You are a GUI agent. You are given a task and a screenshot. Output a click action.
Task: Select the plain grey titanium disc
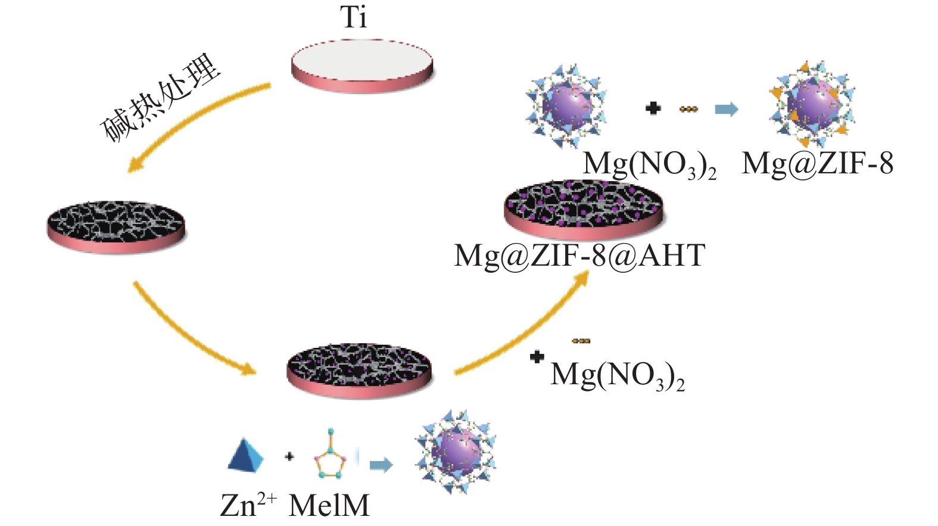[x=362, y=66]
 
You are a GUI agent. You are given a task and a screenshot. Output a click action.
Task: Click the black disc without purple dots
[x=116, y=226]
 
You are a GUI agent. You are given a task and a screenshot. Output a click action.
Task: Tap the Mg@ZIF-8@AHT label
[x=579, y=256]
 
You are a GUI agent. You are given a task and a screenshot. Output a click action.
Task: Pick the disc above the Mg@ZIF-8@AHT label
[x=583, y=210]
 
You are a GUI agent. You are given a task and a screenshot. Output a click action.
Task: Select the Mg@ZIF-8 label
[x=817, y=163]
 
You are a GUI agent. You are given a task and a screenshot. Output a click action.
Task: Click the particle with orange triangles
[x=812, y=105]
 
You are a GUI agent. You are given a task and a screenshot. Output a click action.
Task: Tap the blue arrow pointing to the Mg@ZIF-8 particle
[x=726, y=109]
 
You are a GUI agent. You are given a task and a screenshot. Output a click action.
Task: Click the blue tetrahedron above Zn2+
[x=245, y=455]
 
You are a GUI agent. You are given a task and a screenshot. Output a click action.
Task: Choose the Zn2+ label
[x=248, y=505]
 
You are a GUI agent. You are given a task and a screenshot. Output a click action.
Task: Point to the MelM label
[x=329, y=506]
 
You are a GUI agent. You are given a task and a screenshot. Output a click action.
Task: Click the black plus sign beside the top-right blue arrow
[x=653, y=108]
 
